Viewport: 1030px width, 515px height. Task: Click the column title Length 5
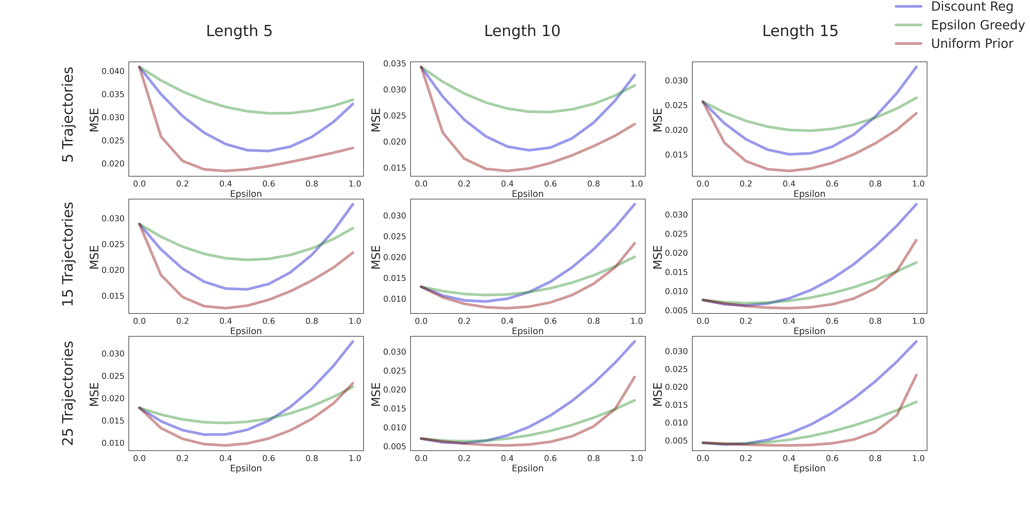tap(239, 31)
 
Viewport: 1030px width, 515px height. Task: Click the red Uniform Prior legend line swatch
tap(908, 43)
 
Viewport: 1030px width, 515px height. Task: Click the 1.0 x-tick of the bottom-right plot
tap(918, 458)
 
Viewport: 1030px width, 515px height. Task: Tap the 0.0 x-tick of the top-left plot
tap(139, 184)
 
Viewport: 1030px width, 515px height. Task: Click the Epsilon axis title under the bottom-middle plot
tap(527, 468)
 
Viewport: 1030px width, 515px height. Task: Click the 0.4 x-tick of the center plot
tap(507, 321)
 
